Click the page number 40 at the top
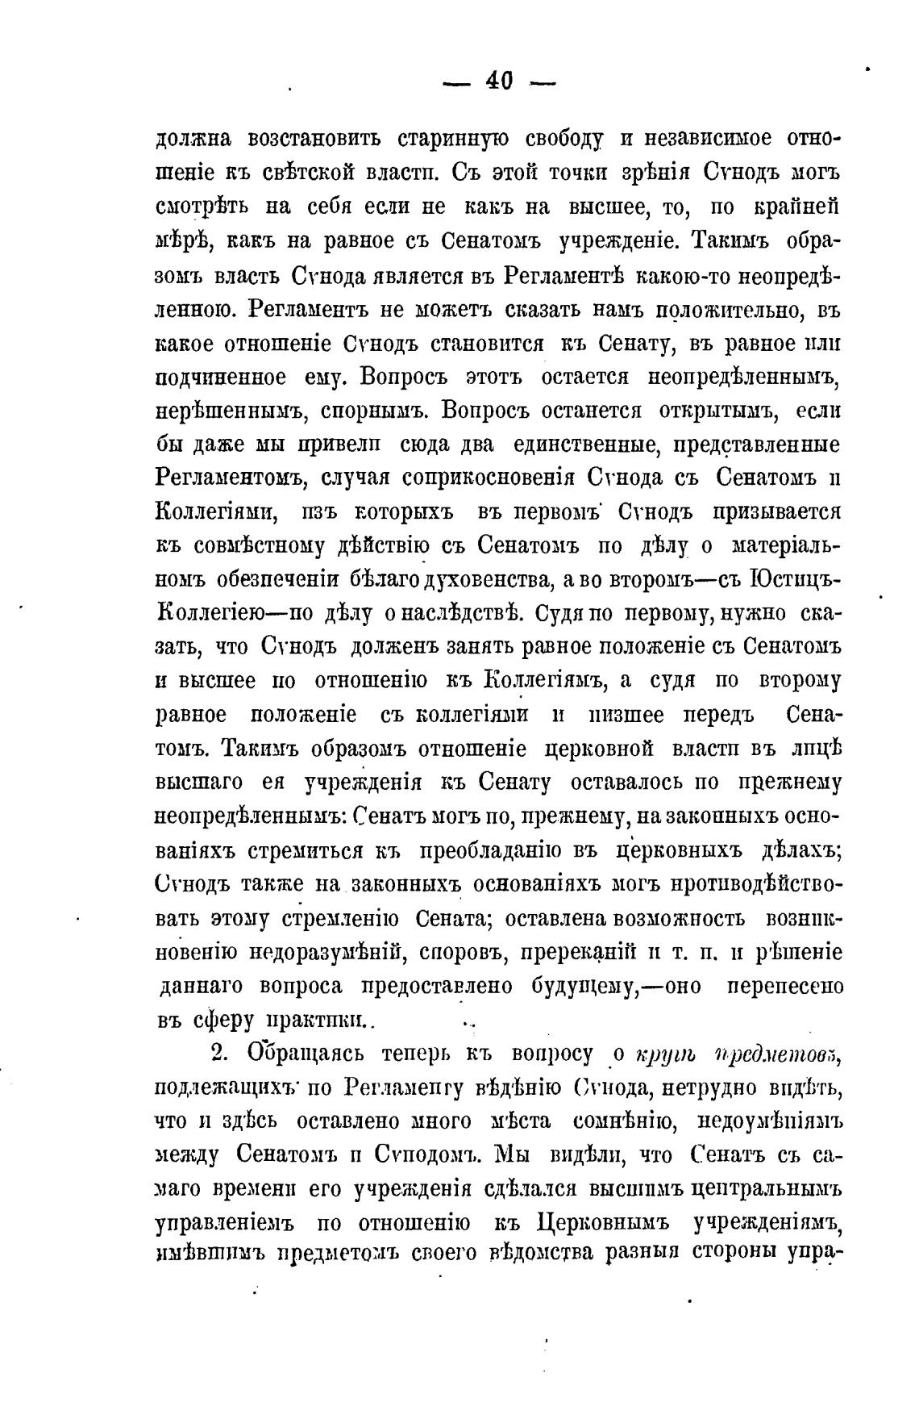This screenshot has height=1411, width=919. pos(499,81)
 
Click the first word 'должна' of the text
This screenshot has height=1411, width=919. pos(193,139)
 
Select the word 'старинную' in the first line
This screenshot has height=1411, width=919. pos(454,139)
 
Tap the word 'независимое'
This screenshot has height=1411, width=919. pos(704,139)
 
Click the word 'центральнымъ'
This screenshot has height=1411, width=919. pos(763,1190)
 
